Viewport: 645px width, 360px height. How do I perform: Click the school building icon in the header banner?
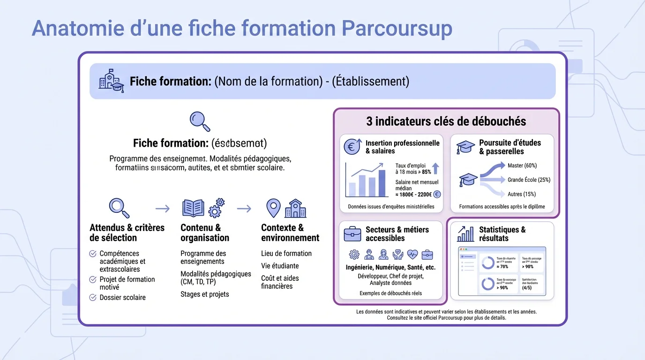pyautogui.click(x=111, y=81)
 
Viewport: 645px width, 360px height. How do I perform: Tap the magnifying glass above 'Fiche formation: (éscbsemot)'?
pyautogui.click(x=200, y=121)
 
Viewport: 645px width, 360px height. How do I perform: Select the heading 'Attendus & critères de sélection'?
pyautogui.click(x=127, y=232)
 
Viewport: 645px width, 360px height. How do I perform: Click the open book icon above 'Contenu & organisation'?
pyautogui.click(x=193, y=208)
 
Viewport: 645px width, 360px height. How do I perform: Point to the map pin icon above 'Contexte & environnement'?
pyautogui.click(x=273, y=208)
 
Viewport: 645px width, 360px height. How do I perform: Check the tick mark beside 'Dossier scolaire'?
pyautogui.click(x=93, y=297)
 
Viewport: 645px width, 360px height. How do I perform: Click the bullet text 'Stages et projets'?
pyautogui.click(x=205, y=294)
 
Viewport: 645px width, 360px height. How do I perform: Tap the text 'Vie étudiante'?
pyautogui.click(x=280, y=266)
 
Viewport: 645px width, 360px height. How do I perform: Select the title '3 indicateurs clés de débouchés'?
pyautogui.click(x=446, y=121)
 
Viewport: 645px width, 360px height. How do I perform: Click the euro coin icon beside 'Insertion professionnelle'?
pyautogui.click(x=352, y=146)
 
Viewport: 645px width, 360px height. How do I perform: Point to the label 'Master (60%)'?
pyautogui.click(x=522, y=165)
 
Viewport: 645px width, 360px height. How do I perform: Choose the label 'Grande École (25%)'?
pyautogui.click(x=529, y=180)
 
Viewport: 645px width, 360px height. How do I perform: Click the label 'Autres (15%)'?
pyautogui.click(x=521, y=194)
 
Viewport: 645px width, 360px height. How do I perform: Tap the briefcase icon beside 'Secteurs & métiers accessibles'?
pyautogui.click(x=352, y=233)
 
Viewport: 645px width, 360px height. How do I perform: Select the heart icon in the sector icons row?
pyautogui.click(x=412, y=255)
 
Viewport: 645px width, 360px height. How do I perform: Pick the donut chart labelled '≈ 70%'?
pyautogui.click(x=488, y=263)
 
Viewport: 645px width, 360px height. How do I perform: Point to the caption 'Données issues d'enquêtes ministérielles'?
pyautogui.click(x=391, y=207)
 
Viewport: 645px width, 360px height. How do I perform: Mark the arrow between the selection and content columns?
pyautogui.click(x=162, y=208)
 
